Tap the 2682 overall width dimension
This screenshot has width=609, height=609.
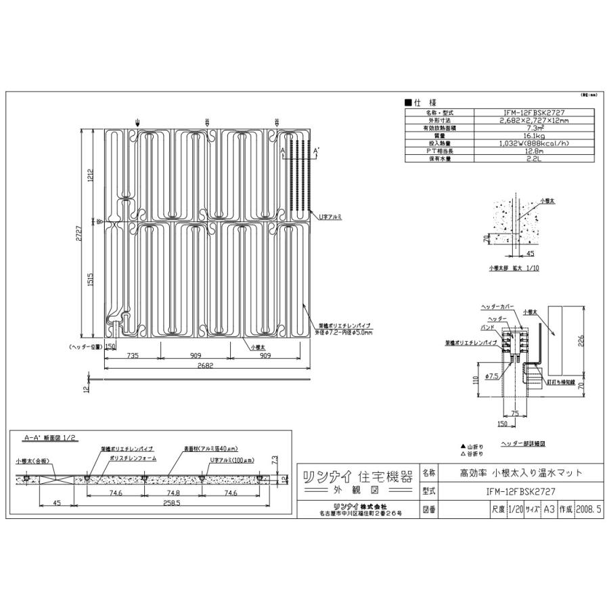point(206,365)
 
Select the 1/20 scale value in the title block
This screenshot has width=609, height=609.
point(515,508)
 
